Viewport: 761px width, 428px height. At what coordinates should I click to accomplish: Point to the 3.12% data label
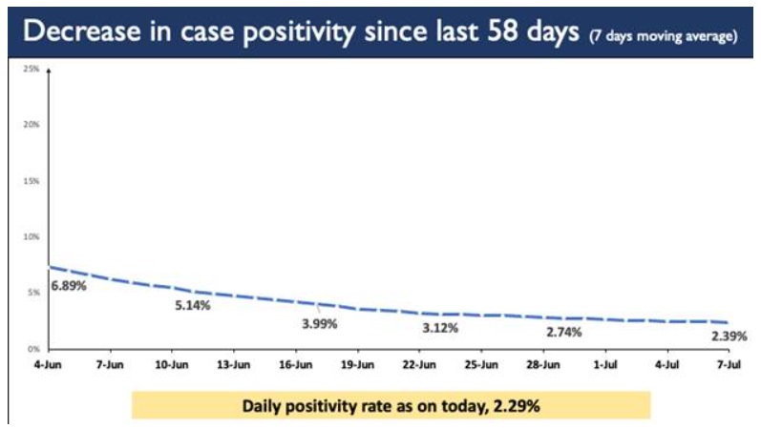tap(440, 328)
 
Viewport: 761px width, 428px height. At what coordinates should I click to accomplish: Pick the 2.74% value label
tap(564, 332)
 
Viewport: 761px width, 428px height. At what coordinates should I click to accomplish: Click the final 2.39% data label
tap(729, 336)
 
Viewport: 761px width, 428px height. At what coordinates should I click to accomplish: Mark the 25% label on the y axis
tap(32, 70)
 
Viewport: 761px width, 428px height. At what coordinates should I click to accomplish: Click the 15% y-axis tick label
tap(32, 181)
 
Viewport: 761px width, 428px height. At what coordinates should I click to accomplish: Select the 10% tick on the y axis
tap(32, 236)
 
